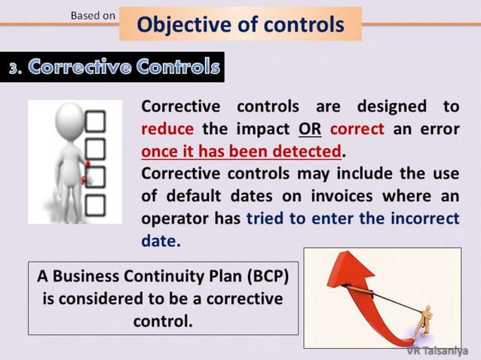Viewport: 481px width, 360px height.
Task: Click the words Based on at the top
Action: tap(93, 15)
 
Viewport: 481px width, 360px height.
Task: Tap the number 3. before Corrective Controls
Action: tap(16, 68)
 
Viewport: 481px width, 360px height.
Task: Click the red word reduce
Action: tap(167, 128)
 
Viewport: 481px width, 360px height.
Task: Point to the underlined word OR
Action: tap(309, 128)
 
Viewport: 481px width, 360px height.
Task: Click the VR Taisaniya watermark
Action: tap(437, 350)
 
